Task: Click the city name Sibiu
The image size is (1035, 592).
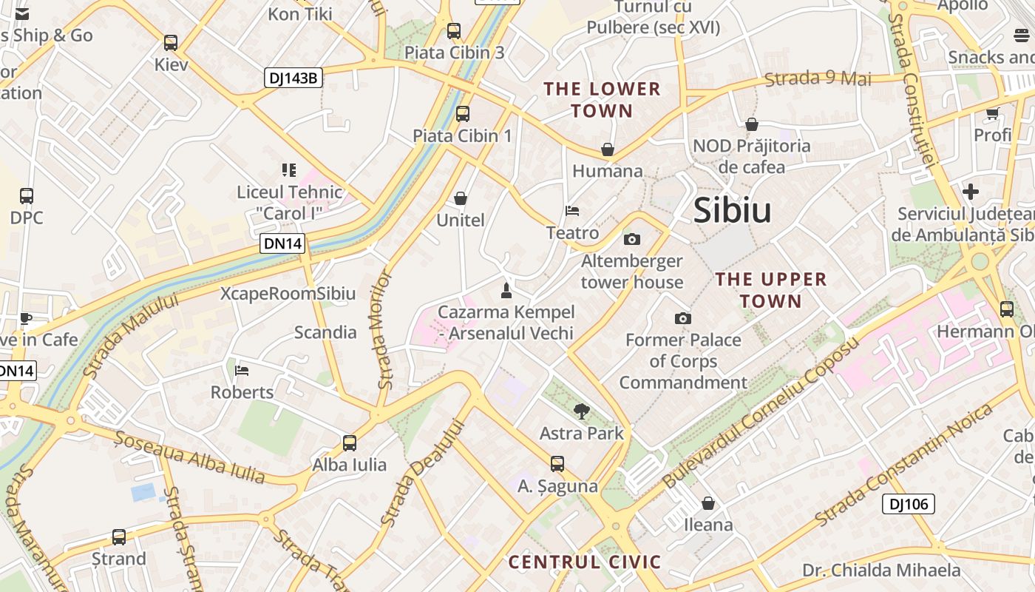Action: pyautogui.click(x=732, y=211)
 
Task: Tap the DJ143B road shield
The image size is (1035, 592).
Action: pyautogui.click(x=293, y=77)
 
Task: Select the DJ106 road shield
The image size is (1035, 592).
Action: pyautogui.click(x=909, y=504)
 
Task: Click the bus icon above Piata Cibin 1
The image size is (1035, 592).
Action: pyautogui.click(x=463, y=114)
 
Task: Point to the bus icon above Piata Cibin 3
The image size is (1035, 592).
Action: pyautogui.click(x=454, y=31)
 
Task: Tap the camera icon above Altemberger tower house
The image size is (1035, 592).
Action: pyautogui.click(x=632, y=239)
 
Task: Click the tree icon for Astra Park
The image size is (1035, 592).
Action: pyautogui.click(x=582, y=411)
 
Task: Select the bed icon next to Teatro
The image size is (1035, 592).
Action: pyautogui.click(x=572, y=211)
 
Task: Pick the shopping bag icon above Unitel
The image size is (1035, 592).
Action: pyautogui.click(x=461, y=198)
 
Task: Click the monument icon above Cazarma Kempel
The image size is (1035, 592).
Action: pyautogui.click(x=506, y=290)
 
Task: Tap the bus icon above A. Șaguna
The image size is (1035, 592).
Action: pyautogui.click(x=557, y=464)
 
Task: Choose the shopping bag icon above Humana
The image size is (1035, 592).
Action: pyautogui.click(x=608, y=149)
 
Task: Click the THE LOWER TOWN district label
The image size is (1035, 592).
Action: pyautogui.click(x=602, y=100)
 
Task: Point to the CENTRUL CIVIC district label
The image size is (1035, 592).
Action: pyautogui.click(x=584, y=562)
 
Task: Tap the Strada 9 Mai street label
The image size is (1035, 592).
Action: pyautogui.click(x=818, y=78)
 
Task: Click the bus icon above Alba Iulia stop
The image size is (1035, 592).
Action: pyautogui.click(x=350, y=443)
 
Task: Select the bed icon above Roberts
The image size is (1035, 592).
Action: pyautogui.click(x=242, y=370)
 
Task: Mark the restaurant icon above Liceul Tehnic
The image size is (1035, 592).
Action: pyautogui.click(x=289, y=170)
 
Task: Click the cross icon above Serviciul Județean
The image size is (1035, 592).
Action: pyautogui.click(x=971, y=192)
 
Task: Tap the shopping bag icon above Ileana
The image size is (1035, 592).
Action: pyautogui.click(x=708, y=503)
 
